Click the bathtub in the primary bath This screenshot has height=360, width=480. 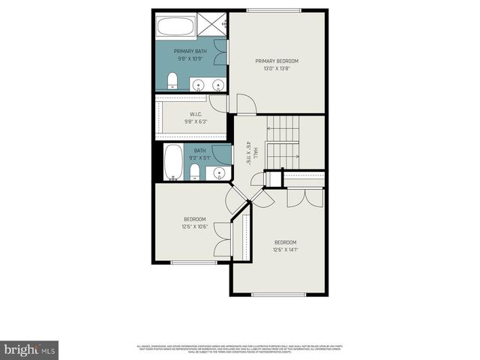[175, 28]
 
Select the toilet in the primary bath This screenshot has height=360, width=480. [172, 80]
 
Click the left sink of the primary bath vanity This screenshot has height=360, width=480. [196, 83]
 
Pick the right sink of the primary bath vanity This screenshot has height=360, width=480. [218, 83]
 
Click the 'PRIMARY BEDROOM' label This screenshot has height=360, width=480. [277, 61]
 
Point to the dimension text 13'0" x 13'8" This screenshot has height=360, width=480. [277, 69]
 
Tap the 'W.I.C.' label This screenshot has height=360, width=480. [195, 115]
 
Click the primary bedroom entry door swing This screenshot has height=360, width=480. [245, 104]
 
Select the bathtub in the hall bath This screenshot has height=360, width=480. [172, 162]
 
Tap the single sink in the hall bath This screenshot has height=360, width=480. [220, 173]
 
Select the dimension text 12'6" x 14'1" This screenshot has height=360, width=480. [285, 250]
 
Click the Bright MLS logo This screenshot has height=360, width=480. [30, 349]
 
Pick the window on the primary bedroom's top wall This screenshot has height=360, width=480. [274, 10]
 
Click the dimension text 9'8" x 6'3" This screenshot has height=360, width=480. [195, 122]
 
